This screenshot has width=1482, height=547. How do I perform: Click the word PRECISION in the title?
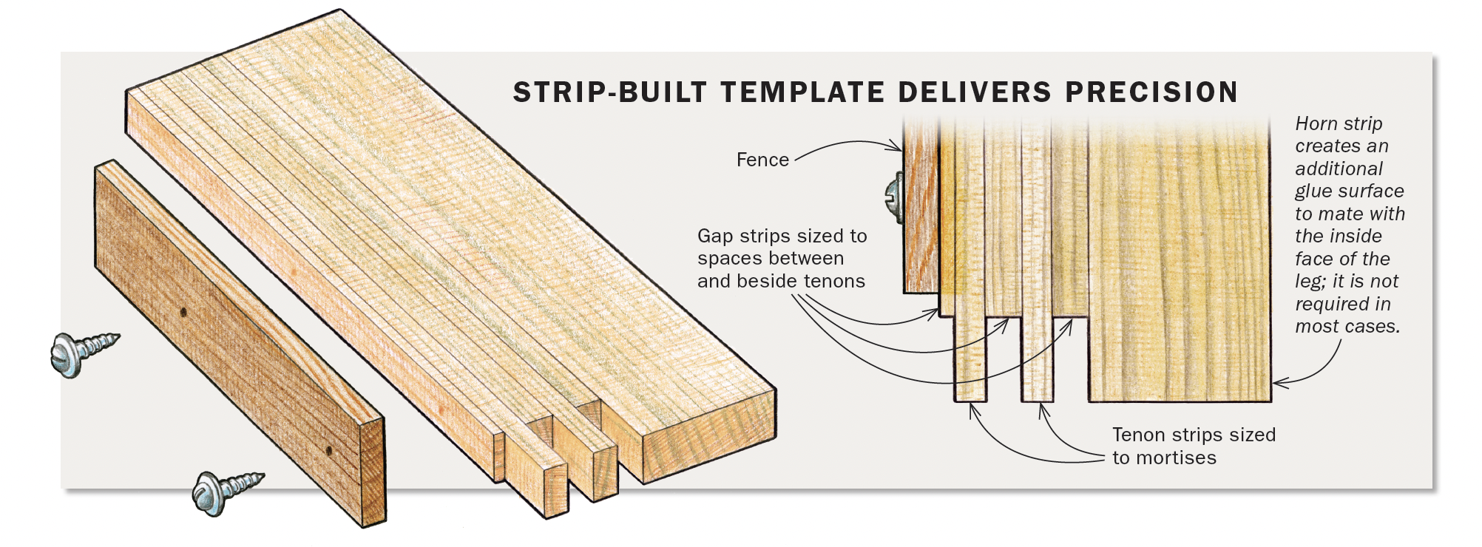click(1151, 92)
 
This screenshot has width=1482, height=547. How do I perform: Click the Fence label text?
click(762, 160)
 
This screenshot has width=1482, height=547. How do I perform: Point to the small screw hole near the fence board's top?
click(183, 312)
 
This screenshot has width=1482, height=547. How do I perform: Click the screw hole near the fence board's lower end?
click(328, 450)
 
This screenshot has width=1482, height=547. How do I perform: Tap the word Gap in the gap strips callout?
click(715, 237)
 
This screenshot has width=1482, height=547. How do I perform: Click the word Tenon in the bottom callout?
click(1140, 435)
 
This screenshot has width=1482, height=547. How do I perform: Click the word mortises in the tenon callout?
click(1176, 458)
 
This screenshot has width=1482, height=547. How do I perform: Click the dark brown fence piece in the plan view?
click(921, 222)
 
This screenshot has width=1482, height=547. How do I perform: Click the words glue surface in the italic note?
click(1349, 191)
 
